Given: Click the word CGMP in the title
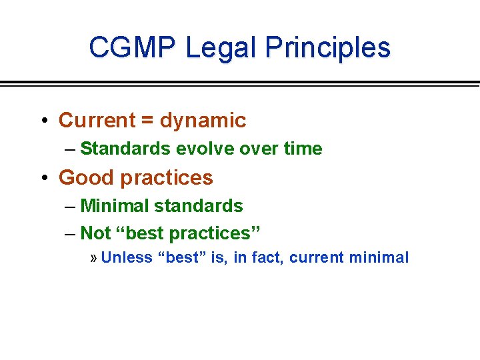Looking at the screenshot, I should pyautogui.click(x=133, y=48).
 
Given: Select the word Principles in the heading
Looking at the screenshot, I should pyautogui.click(x=327, y=48).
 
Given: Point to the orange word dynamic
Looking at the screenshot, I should pyautogui.click(x=203, y=121).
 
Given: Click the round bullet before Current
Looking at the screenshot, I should pyautogui.click(x=43, y=121).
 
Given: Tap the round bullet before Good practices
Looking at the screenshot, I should pyautogui.click(x=43, y=178).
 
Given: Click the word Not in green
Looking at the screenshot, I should pyautogui.click(x=95, y=233).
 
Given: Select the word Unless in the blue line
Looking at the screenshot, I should pyautogui.click(x=127, y=258).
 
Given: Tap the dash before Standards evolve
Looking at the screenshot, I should pyautogui.click(x=71, y=149).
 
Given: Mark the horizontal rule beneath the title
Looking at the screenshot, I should pyautogui.click(x=240, y=83).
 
